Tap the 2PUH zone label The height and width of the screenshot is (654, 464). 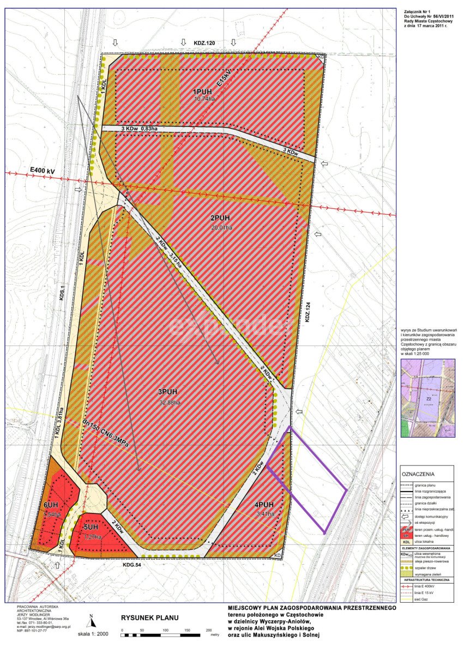pos(221,219)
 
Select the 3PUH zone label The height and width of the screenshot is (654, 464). pos(168,392)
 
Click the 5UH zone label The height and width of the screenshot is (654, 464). pos(91,527)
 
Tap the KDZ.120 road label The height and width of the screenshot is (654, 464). pos(204,42)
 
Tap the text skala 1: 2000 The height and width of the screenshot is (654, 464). pos(93,634)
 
